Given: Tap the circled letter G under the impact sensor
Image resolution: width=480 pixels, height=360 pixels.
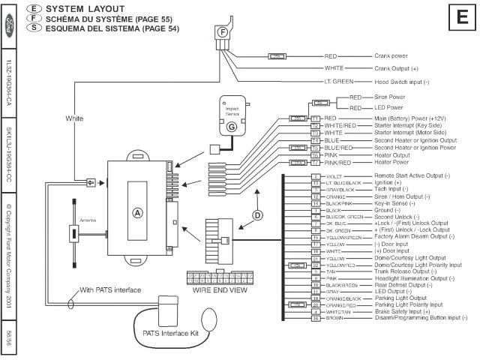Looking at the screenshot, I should pyautogui.click(x=232, y=127).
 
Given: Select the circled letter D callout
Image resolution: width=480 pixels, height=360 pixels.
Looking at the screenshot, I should pyautogui.click(x=258, y=215).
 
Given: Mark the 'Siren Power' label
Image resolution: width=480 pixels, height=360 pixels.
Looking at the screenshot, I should pyautogui.click(x=388, y=97).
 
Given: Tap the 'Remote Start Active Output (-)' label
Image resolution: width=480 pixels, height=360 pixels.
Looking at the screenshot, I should pyautogui.click(x=415, y=176).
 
